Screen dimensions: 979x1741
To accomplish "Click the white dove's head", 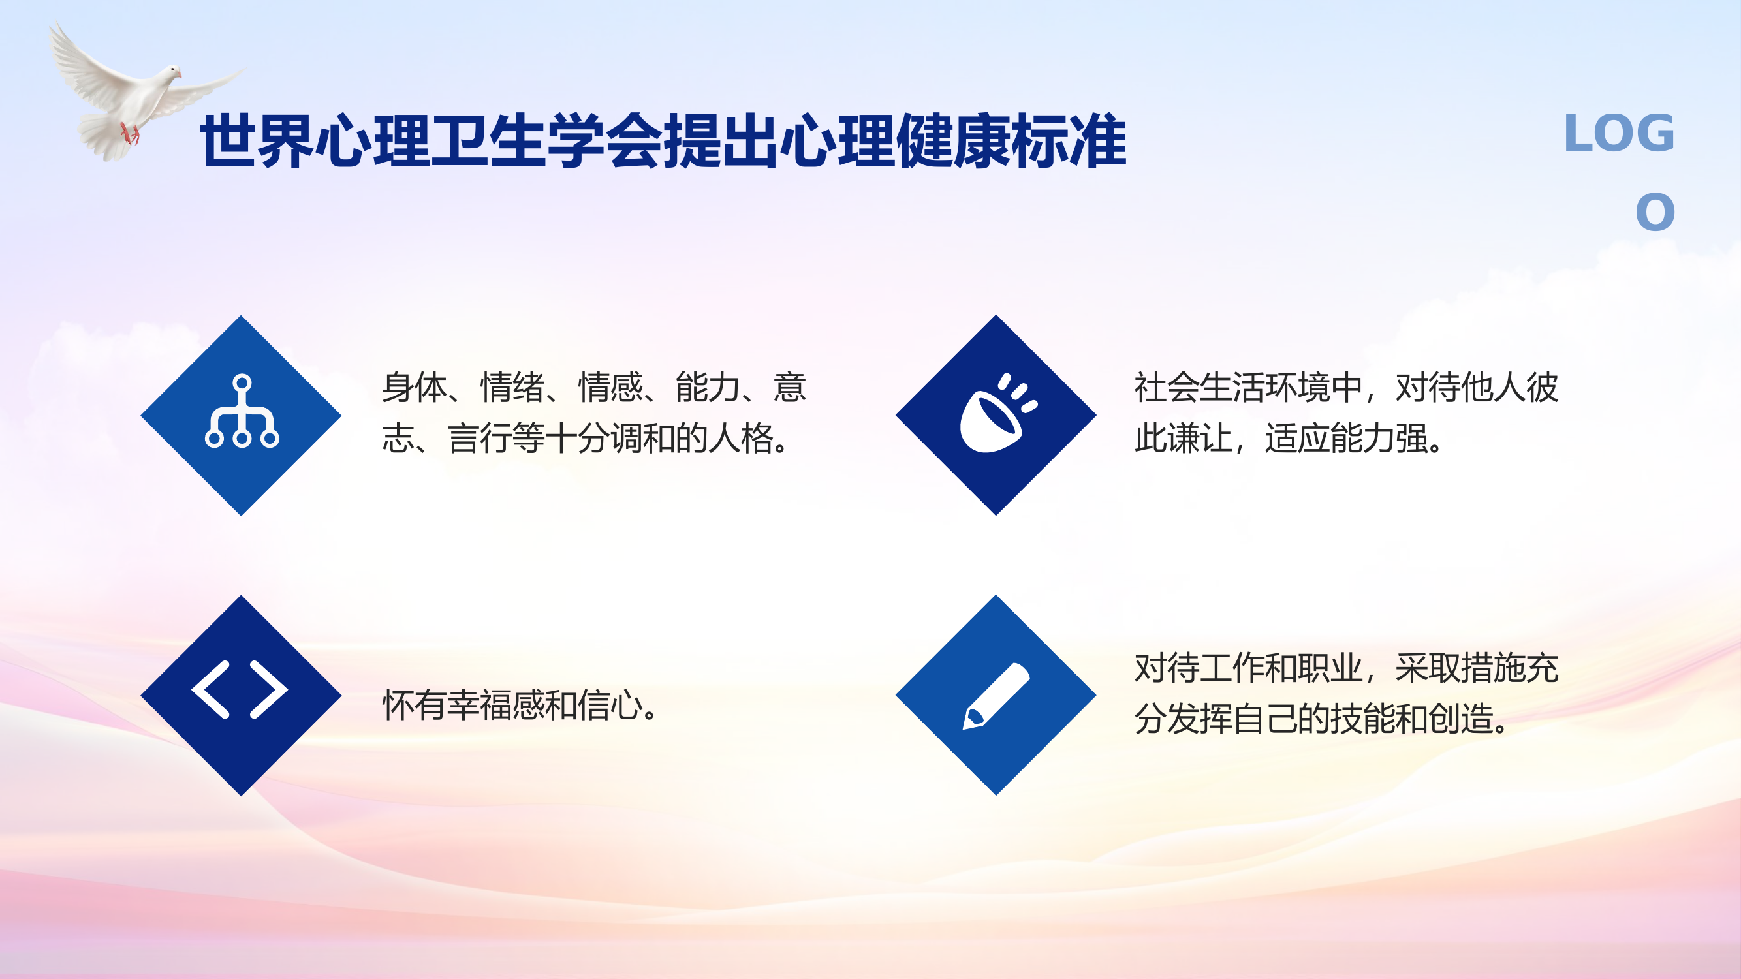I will point(174,71).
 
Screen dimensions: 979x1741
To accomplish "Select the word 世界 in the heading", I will point(257,142).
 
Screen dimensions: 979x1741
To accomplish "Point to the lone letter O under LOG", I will point(1654,213).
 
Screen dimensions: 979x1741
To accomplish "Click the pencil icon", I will point(996,696).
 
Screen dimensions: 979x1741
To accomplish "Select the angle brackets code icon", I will point(241,689).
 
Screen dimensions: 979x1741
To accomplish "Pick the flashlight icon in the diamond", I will point(996,414).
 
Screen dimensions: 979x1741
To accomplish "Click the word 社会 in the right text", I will point(1167,388).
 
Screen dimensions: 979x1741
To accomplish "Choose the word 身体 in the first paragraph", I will point(415,388).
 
